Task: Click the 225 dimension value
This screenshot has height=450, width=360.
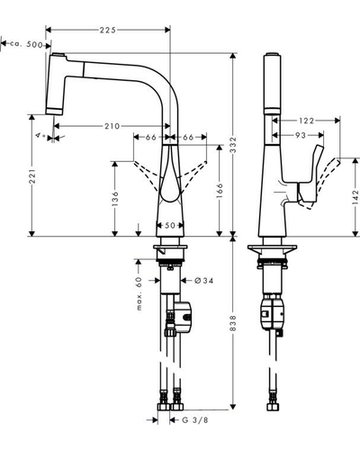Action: (108, 30)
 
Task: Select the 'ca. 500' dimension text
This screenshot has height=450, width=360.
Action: (26, 44)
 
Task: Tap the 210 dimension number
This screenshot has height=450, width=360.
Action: (112, 126)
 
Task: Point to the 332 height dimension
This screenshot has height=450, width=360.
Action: (233, 145)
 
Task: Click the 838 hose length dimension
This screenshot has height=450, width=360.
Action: (233, 323)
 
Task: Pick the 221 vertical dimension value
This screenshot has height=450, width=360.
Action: (32, 176)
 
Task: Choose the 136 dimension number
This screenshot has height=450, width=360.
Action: (115, 199)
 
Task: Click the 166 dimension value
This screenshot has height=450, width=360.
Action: (220, 191)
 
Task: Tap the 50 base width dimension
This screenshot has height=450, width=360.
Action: (170, 225)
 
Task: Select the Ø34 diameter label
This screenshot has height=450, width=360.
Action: (204, 281)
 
